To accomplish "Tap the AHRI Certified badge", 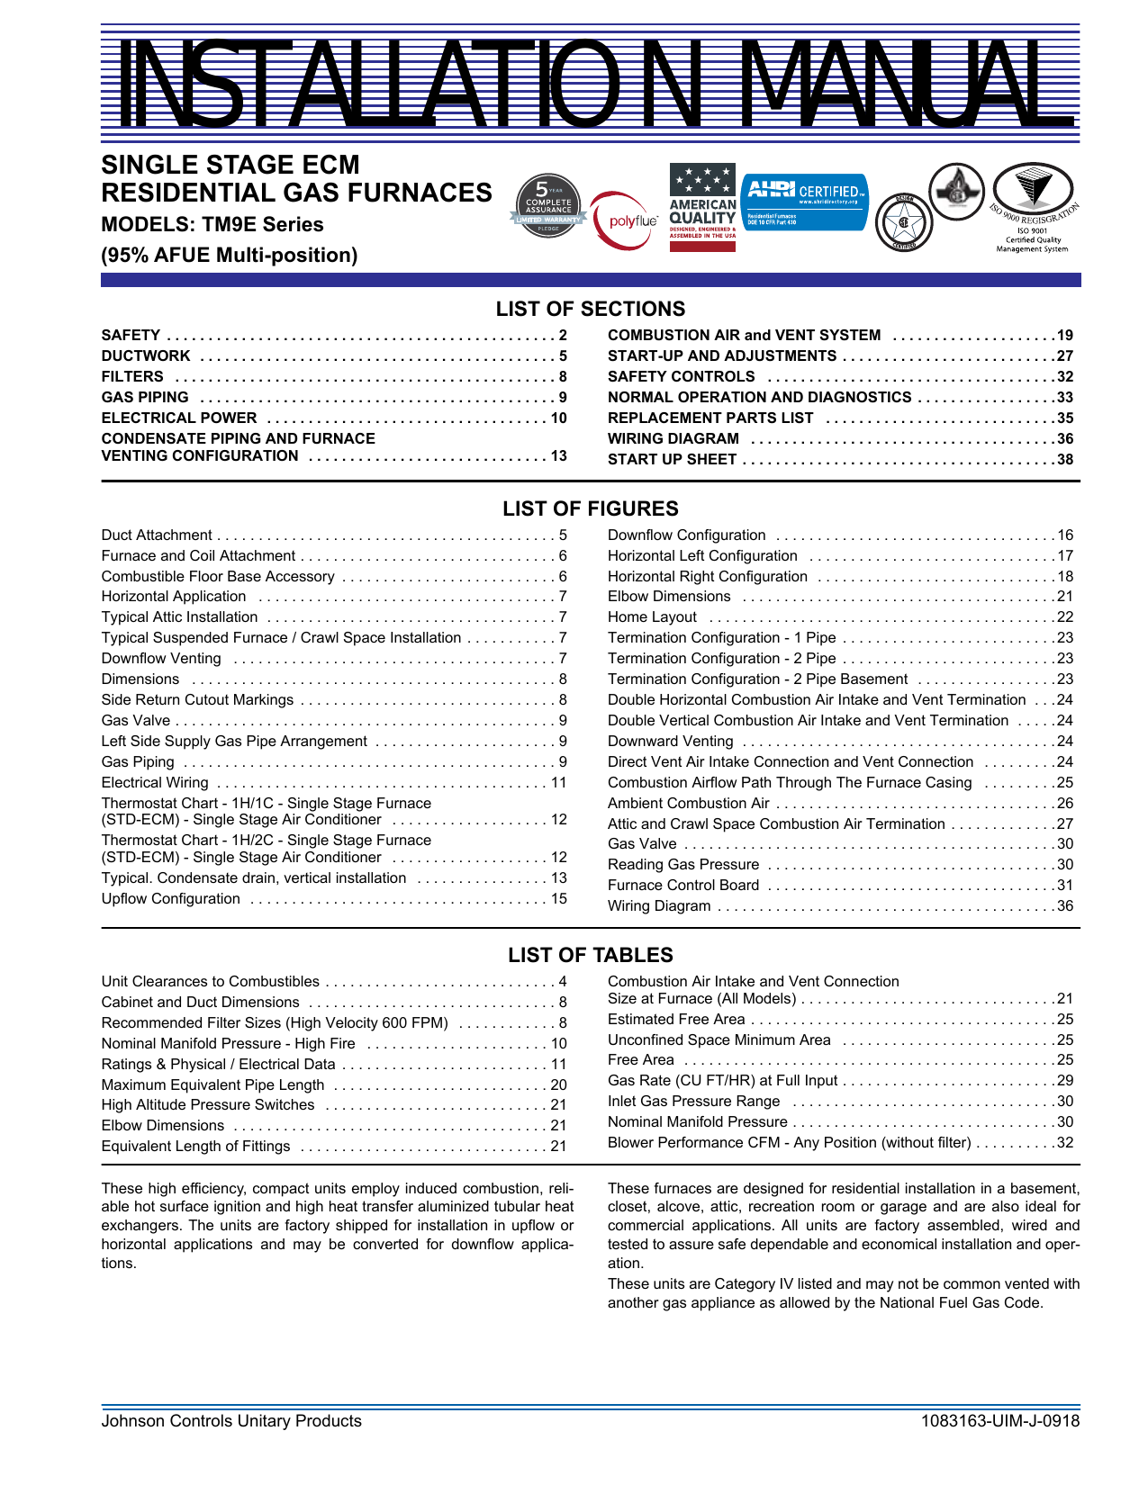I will click(804, 201).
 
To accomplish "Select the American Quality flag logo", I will click(702, 207).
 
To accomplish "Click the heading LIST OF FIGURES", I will click(591, 508).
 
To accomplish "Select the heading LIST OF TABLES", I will click(591, 955).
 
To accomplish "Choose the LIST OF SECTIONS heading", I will click(591, 309).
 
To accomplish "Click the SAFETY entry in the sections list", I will click(131, 335).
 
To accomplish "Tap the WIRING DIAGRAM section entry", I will click(673, 438).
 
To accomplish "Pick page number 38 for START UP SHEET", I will click(1065, 459).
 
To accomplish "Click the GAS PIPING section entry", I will click(145, 397).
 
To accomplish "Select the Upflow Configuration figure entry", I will click(171, 898).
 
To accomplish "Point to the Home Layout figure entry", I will click(652, 616).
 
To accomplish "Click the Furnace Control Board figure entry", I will click(683, 885).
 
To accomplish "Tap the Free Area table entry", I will click(641, 1059).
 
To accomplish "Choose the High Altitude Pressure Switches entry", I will click(208, 1104).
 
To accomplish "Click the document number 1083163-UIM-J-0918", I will click(1000, 1421).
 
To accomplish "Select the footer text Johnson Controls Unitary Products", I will click(231, 1421).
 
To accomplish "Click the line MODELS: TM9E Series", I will click(212, 224).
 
